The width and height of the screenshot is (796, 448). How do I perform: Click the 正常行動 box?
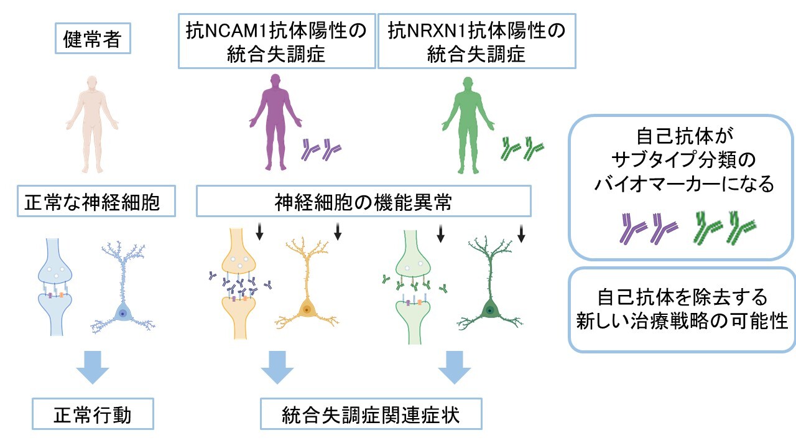(93, 414)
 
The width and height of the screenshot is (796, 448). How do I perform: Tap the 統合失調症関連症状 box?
(371, 414)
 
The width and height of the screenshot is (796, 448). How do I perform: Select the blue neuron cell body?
(123, 314)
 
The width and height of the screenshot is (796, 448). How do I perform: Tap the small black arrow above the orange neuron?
(338, 232)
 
